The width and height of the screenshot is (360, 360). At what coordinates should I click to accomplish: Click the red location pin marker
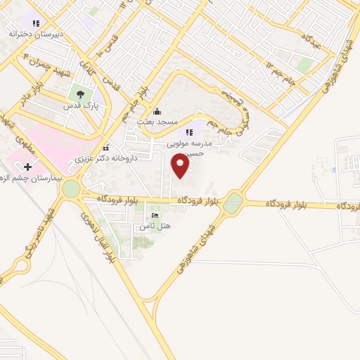[180, 166]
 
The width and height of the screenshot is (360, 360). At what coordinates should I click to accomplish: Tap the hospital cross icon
[28, 167]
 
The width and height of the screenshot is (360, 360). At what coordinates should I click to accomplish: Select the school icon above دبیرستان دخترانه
[36, 24]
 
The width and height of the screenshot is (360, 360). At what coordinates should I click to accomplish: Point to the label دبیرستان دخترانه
[36, 34]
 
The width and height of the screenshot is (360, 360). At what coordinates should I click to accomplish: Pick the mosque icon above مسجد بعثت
[156, 110]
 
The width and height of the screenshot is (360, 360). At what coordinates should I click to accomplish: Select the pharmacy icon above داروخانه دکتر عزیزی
[105, 148]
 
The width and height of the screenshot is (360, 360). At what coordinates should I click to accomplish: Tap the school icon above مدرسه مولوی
[188, 133]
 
